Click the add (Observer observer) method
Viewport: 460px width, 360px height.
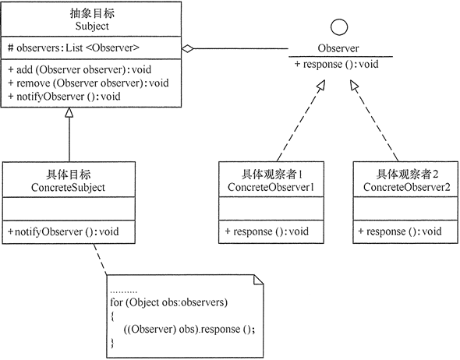[75, 69]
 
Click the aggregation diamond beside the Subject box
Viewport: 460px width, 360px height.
[188, 49]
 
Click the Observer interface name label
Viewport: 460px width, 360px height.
[338, 48]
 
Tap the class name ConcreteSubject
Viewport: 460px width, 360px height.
[69, 188]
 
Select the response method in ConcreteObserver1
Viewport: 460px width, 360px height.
[267, 231]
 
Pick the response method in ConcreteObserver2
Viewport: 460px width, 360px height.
[400, 231]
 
